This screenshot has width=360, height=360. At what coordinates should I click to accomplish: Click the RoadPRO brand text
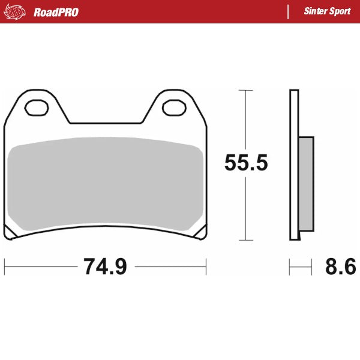(56, 12)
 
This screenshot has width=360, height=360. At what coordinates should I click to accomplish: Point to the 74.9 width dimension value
(105, 266)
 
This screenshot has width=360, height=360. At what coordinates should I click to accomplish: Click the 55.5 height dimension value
(246, 163)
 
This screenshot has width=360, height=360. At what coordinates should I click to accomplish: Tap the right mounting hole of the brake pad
(175, 108)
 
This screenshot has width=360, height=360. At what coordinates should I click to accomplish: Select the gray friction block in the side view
(305, 184)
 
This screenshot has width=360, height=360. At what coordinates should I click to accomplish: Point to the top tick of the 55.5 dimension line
(246, 90)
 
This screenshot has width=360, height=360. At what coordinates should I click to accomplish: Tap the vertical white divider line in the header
(289, 12)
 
